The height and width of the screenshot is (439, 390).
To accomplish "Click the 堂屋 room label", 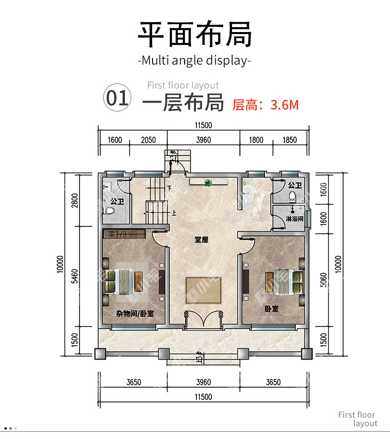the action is pos(201,240).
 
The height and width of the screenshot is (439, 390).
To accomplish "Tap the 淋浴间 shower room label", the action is pos(294,219).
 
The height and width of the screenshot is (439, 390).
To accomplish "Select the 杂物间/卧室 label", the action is pos(135,314).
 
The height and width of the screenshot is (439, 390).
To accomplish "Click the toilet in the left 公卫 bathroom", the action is pos(109,211).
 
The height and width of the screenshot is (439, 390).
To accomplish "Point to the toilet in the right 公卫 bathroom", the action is pos(292,196).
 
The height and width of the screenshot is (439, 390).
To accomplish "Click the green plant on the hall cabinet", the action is pos(208,183).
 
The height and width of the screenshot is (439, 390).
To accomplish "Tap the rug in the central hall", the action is pos(203,291).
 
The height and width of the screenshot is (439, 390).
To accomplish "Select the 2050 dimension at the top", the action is pos(148,140).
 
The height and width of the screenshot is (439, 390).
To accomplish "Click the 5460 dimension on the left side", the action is pos(75,276).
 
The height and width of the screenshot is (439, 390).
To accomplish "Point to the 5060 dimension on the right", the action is pos(323,280).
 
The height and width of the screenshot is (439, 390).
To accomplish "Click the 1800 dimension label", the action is pos(256,140).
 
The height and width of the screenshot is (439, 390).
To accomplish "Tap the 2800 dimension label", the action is pos(75,200).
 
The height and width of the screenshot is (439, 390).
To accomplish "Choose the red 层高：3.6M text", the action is pos(266,105).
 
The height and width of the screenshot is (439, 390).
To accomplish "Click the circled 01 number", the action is pos(117,98).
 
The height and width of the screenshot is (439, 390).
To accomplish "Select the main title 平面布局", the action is pos(195,34).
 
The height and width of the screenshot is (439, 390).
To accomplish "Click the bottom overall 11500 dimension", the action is pos(203,397).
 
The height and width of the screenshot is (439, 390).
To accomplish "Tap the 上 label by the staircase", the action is pos(174,214).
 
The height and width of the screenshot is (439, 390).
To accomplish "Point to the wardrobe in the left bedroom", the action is pos(124,234).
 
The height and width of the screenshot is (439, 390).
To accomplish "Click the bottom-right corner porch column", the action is pos(307,354).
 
